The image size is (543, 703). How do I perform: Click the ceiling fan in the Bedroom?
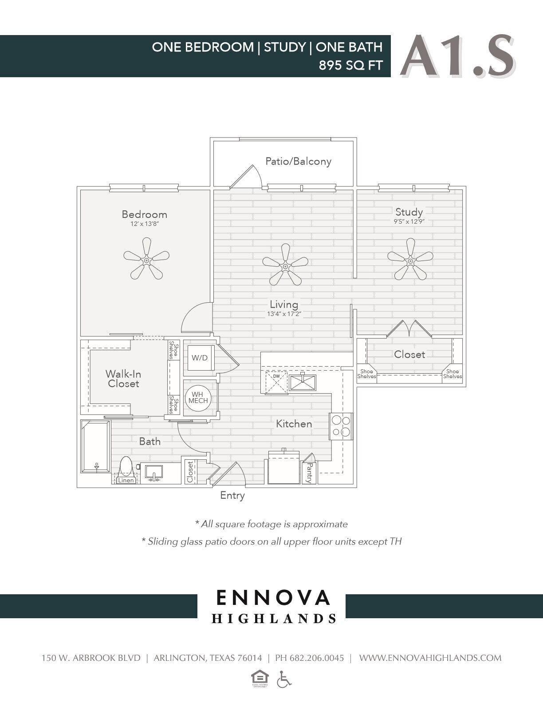[x=146, y=259]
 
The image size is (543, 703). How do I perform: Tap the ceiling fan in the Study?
[x=410, y=260]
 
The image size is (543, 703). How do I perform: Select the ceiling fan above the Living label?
[x=285, y=265]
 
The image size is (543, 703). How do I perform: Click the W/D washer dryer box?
[x=200, y=358]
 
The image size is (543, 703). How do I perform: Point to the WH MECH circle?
[x=198, y=397]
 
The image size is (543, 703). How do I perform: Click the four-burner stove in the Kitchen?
[x=341, y=426]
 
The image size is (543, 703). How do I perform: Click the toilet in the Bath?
[x=126, y=468]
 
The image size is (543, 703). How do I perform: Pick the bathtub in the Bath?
[x=95, y=446]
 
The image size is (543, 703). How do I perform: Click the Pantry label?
[x=309, y=473]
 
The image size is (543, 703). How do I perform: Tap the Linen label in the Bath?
[x=126, y=480]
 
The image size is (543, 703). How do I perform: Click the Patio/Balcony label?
[x=298, y=161]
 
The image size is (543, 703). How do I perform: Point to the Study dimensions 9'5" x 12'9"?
[x=409, y=221]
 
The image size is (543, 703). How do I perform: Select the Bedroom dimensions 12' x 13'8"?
[x=145, y=224]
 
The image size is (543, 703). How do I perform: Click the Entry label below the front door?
[x=232, y=495]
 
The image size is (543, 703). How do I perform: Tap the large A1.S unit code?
[x=457, y=57]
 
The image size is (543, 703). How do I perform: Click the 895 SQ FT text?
[x=350, y=66]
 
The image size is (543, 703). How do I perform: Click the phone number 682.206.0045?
[x=316, y=658]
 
